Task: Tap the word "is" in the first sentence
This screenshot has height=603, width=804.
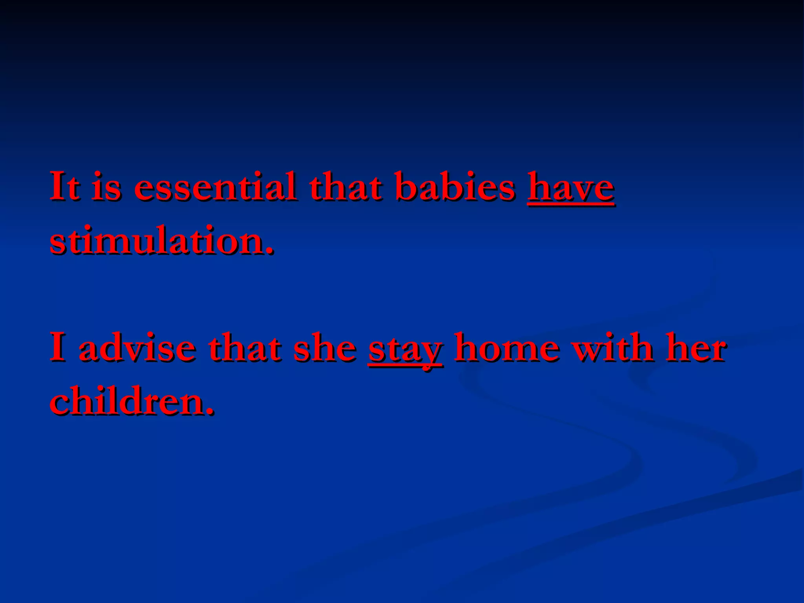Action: point(106,186)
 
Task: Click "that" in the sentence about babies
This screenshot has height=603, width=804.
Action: point(345,186)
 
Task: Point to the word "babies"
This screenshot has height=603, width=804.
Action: point(455,186)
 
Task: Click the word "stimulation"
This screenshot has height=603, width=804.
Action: point(157,240)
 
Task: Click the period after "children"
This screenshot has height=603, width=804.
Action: point(210,411)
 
